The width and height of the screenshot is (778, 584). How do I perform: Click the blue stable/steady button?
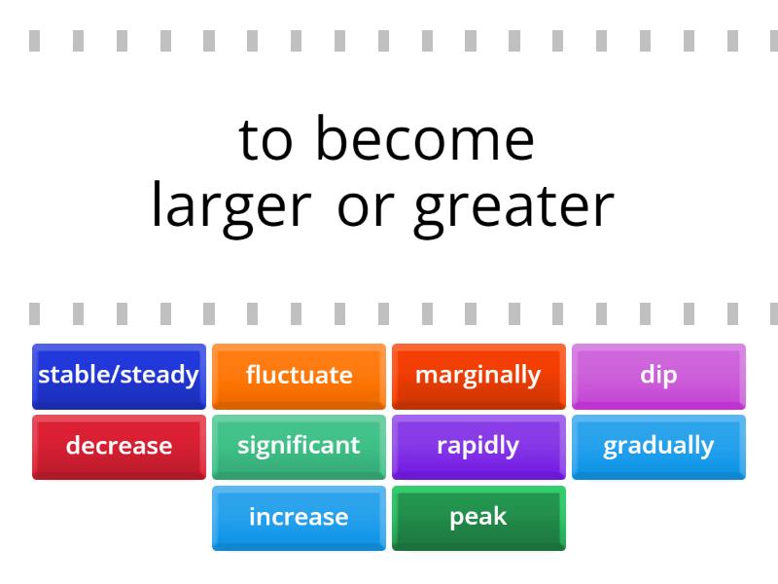tap(119, 375)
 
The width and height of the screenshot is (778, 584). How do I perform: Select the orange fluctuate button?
tap(299, 375)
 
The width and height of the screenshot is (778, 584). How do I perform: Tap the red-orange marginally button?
tap(478, 375)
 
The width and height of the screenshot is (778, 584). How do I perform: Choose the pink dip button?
tap(658, 375)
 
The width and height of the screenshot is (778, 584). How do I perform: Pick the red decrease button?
tap(119, 446)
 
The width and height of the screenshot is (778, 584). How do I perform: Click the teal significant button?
tap(299, 446)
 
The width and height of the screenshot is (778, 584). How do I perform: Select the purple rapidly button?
tap(478, 446)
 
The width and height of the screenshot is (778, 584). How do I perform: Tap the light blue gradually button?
tap(658, 446)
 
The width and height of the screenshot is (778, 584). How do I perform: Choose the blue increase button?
tap(299, 517)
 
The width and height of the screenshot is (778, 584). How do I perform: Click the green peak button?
tap(478, 517)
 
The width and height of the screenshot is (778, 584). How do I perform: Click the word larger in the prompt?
tap(230, 206)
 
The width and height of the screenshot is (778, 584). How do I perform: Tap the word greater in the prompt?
tap(513, 206)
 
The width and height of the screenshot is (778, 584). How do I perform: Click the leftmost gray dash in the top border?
tap(35, 41)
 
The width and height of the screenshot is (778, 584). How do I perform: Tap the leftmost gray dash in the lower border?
tap(35, 313)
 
